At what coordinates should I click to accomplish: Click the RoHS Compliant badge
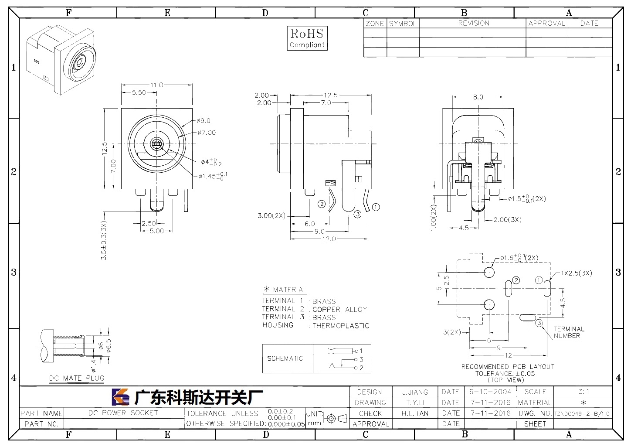(307, 38)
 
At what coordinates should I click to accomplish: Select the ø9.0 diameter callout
(204, 121)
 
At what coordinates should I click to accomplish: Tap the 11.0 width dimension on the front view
(156, 85)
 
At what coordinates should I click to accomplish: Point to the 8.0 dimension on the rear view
(478, 97)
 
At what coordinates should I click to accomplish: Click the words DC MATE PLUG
(77, 378)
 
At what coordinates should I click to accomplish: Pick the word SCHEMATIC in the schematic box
(285, 358)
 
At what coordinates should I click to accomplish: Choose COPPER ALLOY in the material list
(340, 310)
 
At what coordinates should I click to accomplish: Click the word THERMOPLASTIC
(341, 326)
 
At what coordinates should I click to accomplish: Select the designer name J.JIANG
(415, 392)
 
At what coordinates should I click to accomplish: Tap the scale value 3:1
(584, 392)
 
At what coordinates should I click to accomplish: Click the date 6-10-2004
(490, 392)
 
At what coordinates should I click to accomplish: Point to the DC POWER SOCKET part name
(123, 413)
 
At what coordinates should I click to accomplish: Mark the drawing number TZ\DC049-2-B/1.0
(582, 414)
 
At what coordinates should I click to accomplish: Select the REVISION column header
(474, 23)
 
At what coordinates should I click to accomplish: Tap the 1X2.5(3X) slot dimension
(577, 273)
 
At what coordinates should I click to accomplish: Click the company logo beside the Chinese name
(121, 397)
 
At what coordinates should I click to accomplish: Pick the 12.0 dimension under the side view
(329, 239)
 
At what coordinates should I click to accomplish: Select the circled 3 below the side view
(357, 214)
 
